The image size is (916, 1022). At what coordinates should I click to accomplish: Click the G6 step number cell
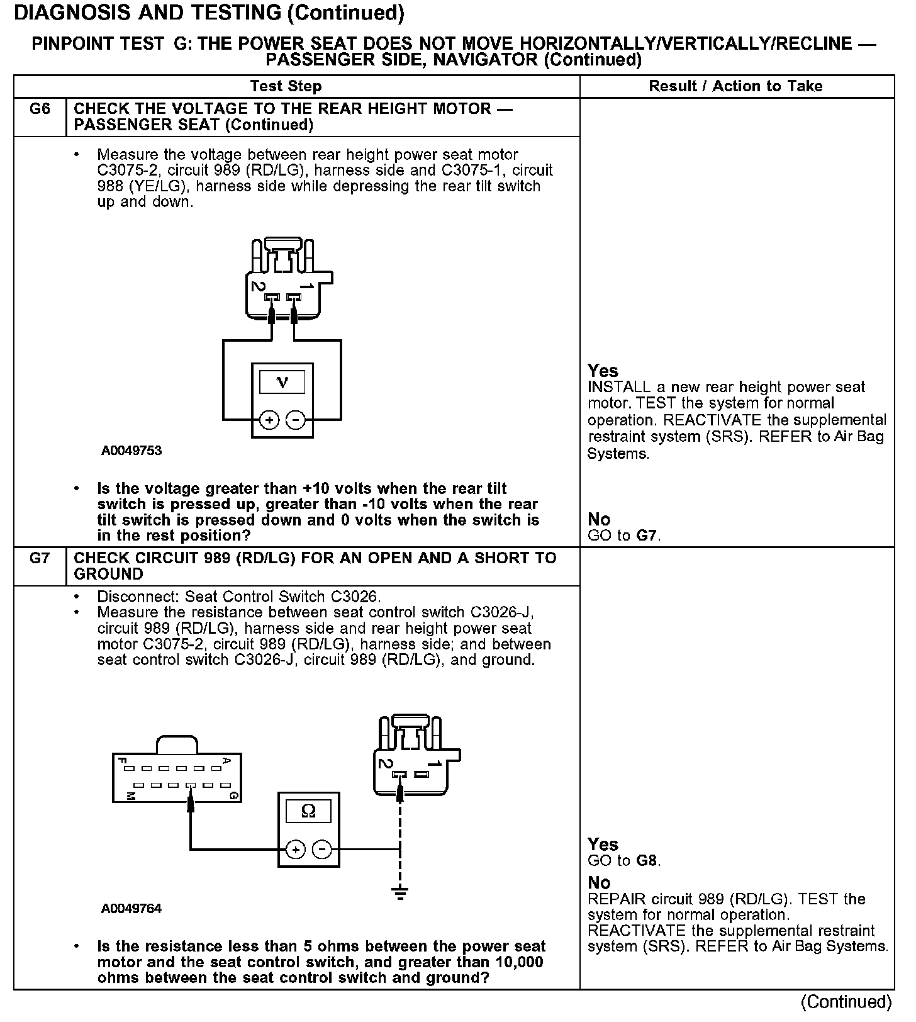pos(40,109)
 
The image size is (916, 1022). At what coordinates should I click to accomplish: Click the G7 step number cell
pos(40,558)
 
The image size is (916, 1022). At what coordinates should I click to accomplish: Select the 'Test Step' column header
pos(286,86)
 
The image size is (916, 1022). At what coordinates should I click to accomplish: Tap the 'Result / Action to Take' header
pos(735,86)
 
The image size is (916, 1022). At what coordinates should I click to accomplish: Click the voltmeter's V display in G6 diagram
pos(282,382)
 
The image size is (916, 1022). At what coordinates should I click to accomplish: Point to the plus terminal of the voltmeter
pos(269,420)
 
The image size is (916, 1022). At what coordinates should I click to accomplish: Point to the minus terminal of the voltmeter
pos(296,420)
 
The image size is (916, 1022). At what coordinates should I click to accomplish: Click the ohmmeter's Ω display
pos(308,811)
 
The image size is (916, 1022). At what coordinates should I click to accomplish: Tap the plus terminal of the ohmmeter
pos(295,850)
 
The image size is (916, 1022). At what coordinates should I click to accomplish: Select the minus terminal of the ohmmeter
pos(322,850)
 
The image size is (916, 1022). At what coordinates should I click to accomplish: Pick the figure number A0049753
pos(131,451)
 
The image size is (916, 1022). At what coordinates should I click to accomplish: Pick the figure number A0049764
pos(131,909)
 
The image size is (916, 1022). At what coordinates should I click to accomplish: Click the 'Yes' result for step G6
pos(603,371)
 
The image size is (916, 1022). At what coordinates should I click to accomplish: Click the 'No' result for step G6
pos(599,519)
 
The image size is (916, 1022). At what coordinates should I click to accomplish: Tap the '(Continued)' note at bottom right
pos(846,1001)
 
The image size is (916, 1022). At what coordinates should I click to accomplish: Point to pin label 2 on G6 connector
pos(257,286)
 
